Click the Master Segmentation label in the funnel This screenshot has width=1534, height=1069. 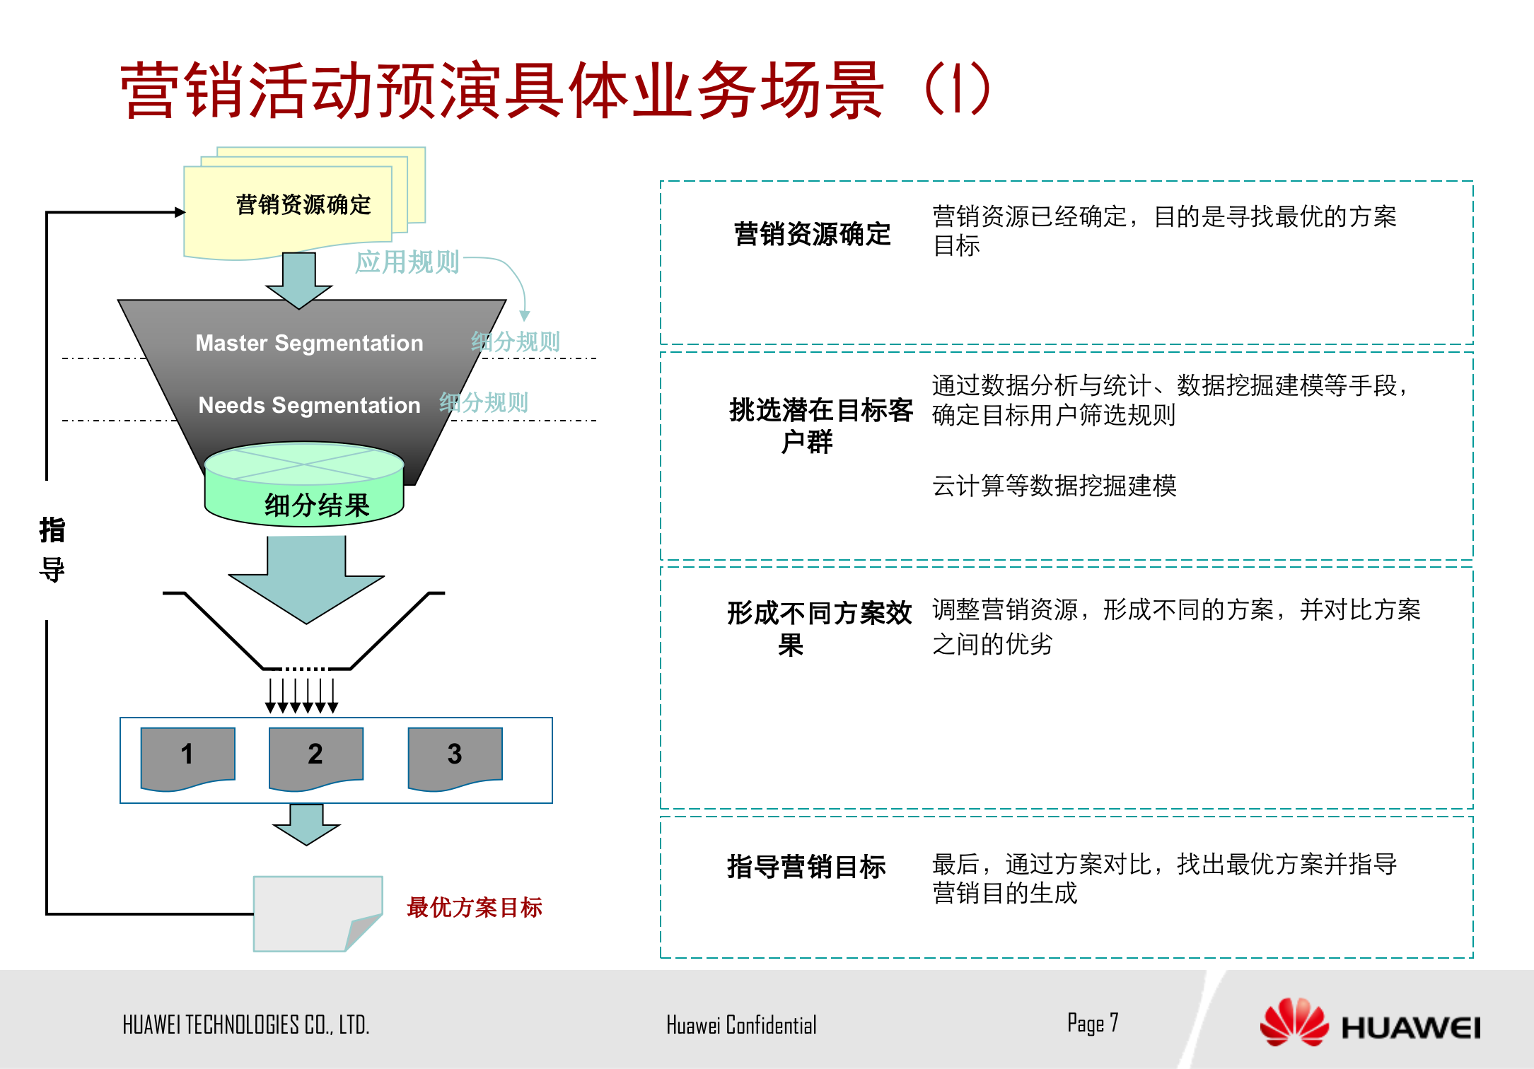point(309,343)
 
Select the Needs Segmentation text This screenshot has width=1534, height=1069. point(309,405)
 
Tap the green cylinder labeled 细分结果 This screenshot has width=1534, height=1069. point(304,488)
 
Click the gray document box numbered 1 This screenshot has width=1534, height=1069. point(187,755)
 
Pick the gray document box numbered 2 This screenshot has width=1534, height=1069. point(315,755)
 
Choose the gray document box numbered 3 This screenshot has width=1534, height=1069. point(455,755)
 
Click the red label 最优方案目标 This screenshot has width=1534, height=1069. point(475,907)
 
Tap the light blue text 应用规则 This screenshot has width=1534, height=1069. point(407,262)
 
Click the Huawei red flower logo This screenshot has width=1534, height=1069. point(1294,1022)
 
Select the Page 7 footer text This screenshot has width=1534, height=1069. point(1093,1023)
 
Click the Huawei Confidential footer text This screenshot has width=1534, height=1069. point(740,1025)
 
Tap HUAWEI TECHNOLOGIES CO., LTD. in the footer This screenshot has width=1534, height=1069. point(245,1025)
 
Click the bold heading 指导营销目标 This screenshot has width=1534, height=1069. point(806,867)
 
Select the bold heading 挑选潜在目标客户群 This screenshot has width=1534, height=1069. point(820,425)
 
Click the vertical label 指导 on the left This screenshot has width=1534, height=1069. point(52,549)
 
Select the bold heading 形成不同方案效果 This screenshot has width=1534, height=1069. point(819,629)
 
